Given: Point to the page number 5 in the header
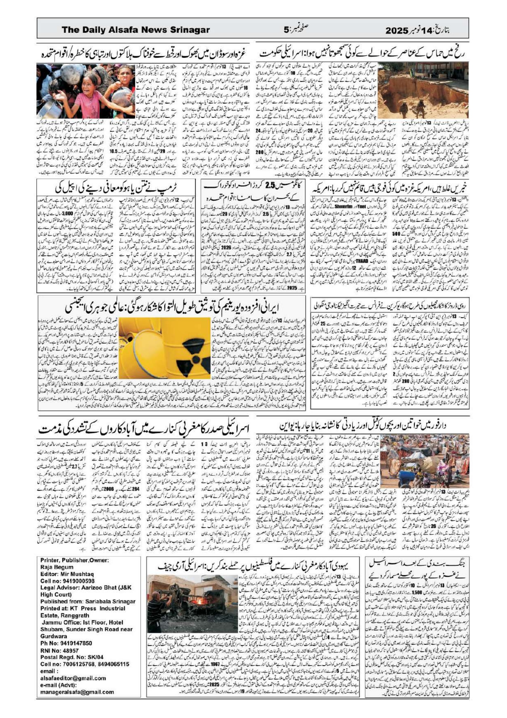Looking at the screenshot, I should coord(286,30).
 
